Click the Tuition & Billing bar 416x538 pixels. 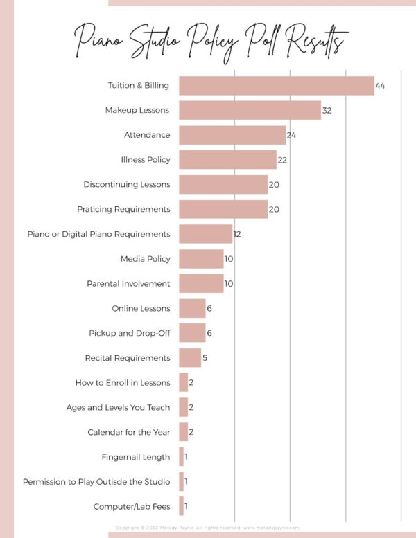[276, 86]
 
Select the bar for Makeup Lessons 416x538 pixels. [250, 111]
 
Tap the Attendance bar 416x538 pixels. [232, 135]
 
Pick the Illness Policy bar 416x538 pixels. [227, 160]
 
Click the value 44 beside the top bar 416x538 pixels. [380, 86]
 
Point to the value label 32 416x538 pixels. [327, 111]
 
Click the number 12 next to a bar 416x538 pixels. [237, 234]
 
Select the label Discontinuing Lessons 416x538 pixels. [126, 185]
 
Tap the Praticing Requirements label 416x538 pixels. [123, 209]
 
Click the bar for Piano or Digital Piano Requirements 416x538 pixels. [205, 234]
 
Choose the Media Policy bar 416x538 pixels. [201, 259]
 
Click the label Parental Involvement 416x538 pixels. [128, 284]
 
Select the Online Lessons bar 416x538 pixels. [192, 308]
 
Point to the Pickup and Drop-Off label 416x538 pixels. [129, 333]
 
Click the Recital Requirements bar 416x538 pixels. [190, 358]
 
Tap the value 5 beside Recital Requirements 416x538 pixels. [205, 358]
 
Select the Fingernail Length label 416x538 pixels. [135, 457]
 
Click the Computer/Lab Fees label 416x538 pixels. [132, 507]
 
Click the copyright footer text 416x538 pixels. [208, 527]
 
